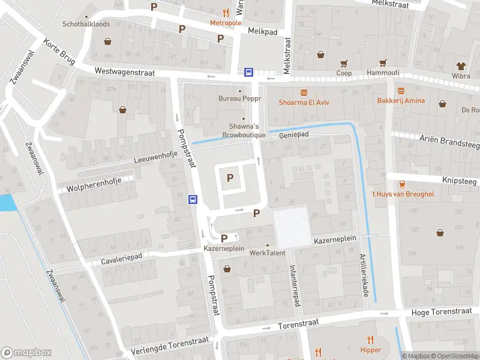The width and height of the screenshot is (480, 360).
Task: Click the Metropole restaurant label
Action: pyautogui.click(x=226, y=23)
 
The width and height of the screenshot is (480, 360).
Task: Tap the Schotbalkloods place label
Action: pyautogui.click(x=86, y=25)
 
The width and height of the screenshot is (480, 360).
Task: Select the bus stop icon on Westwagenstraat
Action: pyautogui.click(x=248, y=72)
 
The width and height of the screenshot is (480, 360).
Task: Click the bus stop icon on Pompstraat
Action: pyautogui.click(x=193, y=199)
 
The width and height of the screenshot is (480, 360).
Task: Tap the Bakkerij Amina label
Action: pyautogui.click(x=401, y=100)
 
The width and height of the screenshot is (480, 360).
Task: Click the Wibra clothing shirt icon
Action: pyautogui.click(x=461, y=65)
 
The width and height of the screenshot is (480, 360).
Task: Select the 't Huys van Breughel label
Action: pyautogui.click(x=401, y=194)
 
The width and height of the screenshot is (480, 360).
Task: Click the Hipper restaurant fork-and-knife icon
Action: pyautogui.click(x=371, y=340)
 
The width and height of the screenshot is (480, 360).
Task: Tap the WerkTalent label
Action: pyautogui.click(x=268, y=253)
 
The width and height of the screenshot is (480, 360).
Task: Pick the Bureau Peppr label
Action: pyautogui.click(x=239, y=98)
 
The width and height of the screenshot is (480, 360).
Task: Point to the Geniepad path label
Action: pyautogui.click(x=293, y=135)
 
